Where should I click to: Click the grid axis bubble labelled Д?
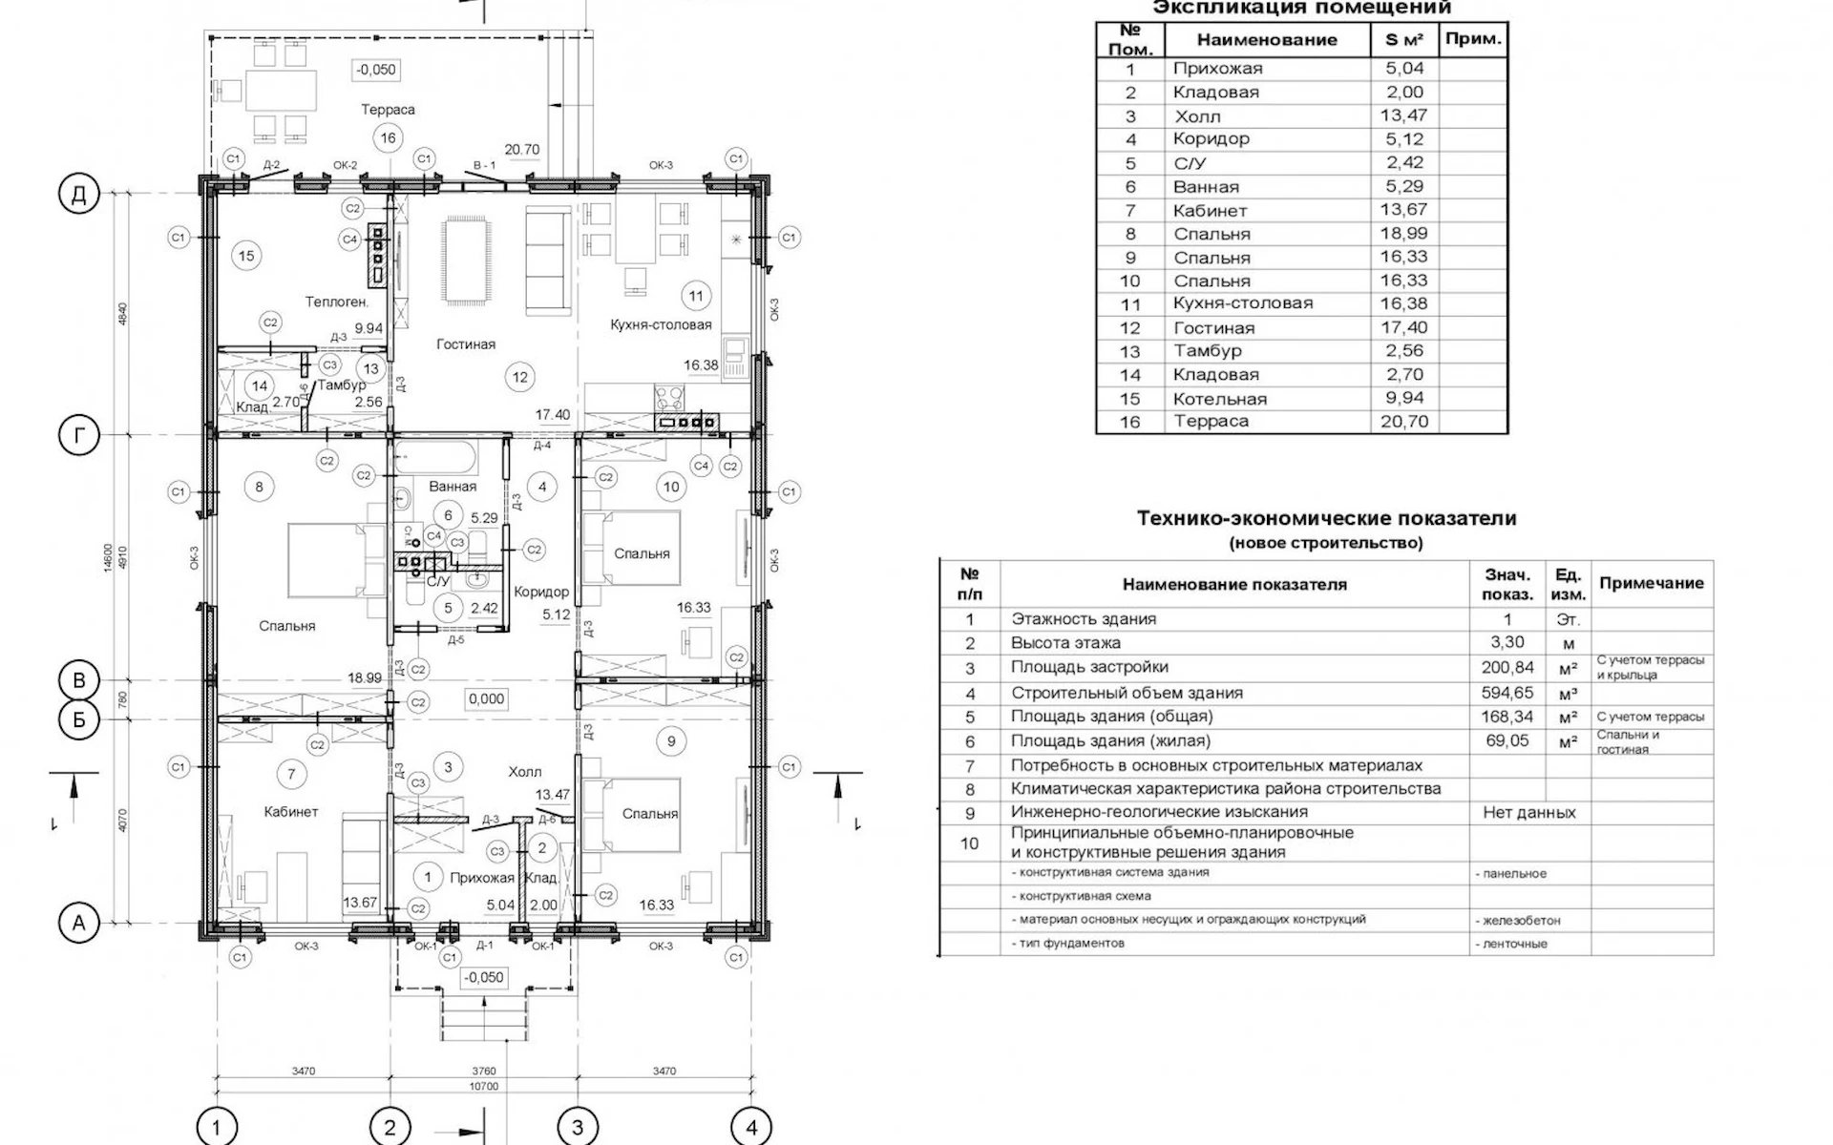point(79,195)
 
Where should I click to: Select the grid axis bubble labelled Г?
point(79,436)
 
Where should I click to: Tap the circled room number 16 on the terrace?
point(388,138)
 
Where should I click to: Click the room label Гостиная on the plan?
point(466,344)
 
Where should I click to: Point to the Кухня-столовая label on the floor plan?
point(661,325)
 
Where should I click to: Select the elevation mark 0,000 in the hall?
point(486,699)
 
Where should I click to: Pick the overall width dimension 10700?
point(484,1086)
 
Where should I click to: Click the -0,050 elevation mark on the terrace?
point(375,70)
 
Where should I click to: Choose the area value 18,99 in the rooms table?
point(1403,234)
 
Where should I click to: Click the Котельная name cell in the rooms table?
point(1219,399)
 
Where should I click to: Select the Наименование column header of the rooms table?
point(1267,40)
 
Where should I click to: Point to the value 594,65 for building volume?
point(1507,693)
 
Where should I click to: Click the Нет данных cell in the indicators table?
point(1528,813)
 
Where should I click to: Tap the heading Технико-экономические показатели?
point(1326,519)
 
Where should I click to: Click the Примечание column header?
point(1651,583)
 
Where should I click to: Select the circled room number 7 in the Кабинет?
point(291,774)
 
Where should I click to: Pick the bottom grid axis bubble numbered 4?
point(751,1128)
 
